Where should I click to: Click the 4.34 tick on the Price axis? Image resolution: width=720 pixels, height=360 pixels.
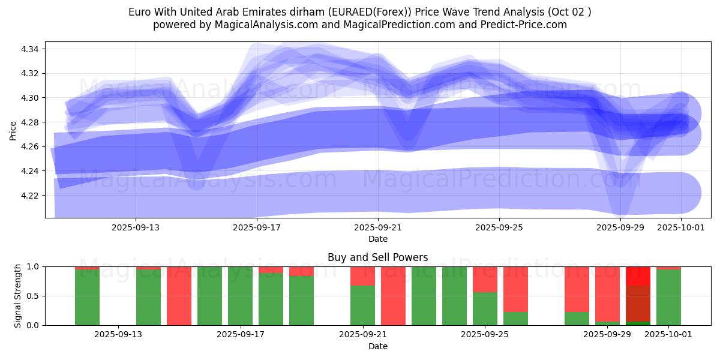(30, 49)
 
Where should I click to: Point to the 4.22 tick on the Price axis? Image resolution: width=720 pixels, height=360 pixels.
(30, 196)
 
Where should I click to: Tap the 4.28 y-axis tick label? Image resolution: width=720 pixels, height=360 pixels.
(30, 122)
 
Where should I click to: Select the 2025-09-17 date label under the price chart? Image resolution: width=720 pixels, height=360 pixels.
(257, 228)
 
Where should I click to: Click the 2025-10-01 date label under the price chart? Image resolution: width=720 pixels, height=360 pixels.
(681, 228)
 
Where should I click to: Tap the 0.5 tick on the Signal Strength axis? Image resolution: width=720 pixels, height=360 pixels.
(32, 296)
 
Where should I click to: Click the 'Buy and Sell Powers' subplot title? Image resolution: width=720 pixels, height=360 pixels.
(378, 257)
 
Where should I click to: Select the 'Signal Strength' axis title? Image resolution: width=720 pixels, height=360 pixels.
(18, 296)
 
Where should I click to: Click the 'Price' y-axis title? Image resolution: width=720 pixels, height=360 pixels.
(13, 130)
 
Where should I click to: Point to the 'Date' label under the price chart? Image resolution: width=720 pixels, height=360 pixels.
(378, 239)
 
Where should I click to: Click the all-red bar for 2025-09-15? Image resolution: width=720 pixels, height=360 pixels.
(179, 296)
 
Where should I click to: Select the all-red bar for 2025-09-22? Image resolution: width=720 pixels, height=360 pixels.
(393, 296)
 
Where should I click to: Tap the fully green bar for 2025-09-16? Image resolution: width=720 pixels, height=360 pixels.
(209, 296)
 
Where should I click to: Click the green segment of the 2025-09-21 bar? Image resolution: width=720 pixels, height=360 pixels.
(362, 306)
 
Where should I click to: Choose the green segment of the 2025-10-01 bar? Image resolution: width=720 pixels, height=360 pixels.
(668, 298)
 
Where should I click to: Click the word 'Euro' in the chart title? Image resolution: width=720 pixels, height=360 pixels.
(139, 12)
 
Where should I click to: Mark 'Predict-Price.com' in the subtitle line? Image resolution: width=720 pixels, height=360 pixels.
(527, 25)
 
